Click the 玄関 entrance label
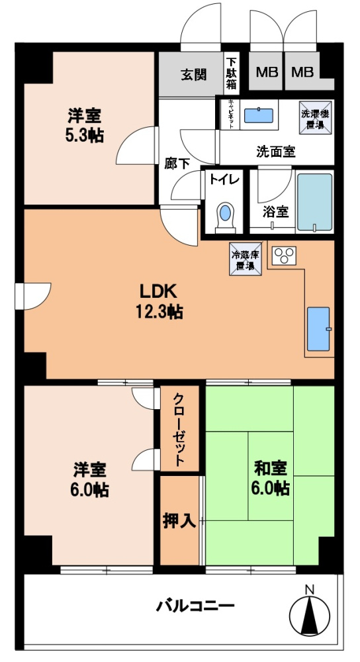tap(194, 73)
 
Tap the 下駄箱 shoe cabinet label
tap(231, 73)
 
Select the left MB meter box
tap(267, 72)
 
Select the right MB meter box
tap(302, 72)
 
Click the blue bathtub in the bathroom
tap(314, 202)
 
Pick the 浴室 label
tap(275, 213)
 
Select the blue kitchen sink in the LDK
tap(319, 329)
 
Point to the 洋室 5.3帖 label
tap(85, 126)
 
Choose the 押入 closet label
tap(179, 520)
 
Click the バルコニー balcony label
tap(195, 605)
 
